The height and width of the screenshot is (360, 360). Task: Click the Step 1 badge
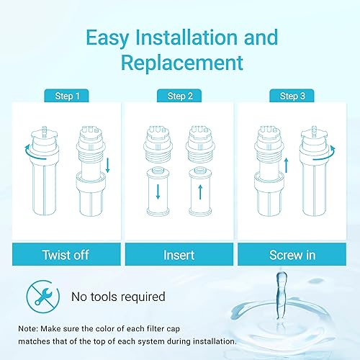click(66, 96)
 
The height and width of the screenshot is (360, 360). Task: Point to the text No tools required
click(118, 296)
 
